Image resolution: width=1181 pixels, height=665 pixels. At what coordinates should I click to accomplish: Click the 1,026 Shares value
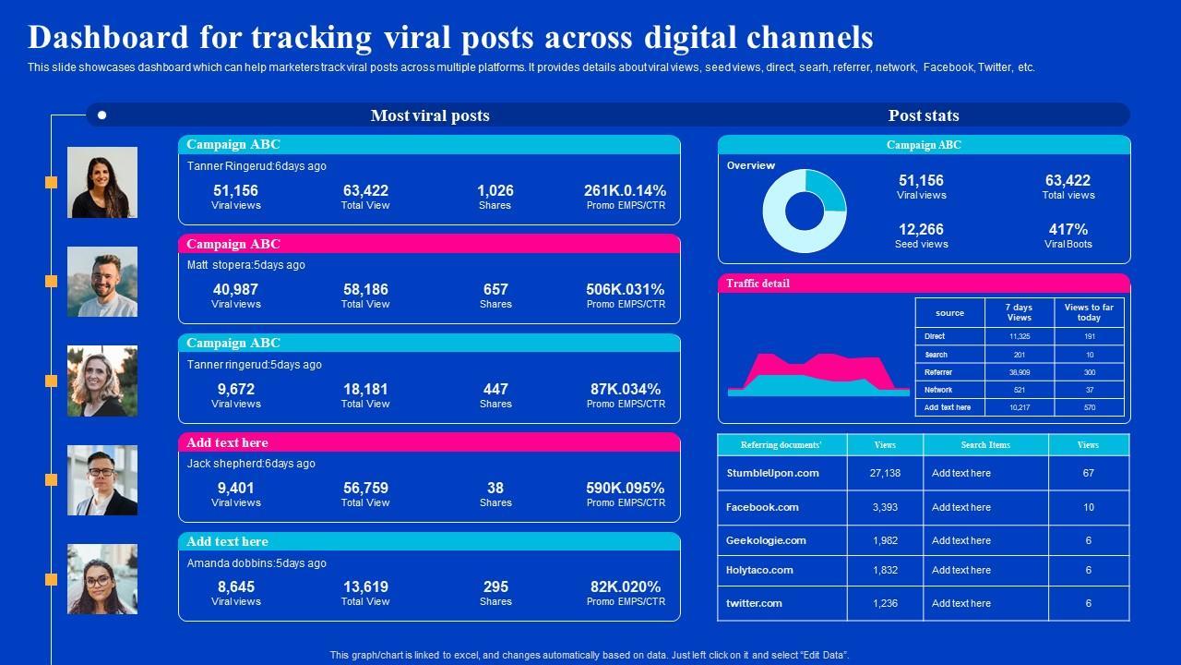tap(495, 190)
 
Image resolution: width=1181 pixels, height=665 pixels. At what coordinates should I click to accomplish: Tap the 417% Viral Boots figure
tap(1068, 229)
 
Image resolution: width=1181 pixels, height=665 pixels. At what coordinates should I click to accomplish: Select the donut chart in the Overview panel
tap(804, 211)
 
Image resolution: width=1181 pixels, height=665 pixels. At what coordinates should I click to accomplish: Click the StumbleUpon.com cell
tap(772, 473)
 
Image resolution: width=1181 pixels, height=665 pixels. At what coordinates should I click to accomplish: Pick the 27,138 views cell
tap(884, 473)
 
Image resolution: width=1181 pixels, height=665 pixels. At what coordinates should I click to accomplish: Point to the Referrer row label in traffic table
tap(938, 372)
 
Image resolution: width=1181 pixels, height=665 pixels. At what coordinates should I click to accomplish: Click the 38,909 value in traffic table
tap(1019, 372)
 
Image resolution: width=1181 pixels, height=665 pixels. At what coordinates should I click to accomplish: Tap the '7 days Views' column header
tap(1019, 312)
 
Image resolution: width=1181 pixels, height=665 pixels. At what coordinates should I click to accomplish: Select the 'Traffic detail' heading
tap(758, 284)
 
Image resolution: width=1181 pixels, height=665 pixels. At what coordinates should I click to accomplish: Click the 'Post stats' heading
tap(924, 115)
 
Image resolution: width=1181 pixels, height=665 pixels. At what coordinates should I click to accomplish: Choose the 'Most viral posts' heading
tap(430, 115)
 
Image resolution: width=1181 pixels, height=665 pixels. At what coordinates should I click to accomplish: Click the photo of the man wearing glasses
tap(102, 480)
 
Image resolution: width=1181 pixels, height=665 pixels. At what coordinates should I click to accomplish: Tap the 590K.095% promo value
tap(625, 488)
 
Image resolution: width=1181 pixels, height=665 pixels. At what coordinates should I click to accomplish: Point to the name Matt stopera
tap(219, 265)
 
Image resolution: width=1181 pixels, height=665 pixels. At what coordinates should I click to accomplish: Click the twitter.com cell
tap(754, 603)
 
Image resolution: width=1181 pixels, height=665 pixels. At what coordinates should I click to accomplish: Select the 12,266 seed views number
tap(921, 229)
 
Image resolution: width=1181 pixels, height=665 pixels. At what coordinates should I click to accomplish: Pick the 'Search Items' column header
tap(985, 445)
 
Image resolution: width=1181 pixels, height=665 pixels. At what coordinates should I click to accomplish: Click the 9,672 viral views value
tap(235, 389)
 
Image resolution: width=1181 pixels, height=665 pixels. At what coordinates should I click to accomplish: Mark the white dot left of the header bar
tap(101, 115)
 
